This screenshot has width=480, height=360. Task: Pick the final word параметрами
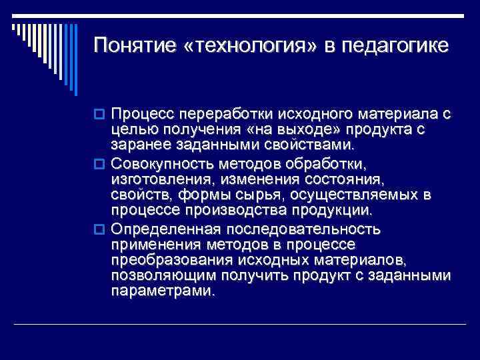coord(163,293)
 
